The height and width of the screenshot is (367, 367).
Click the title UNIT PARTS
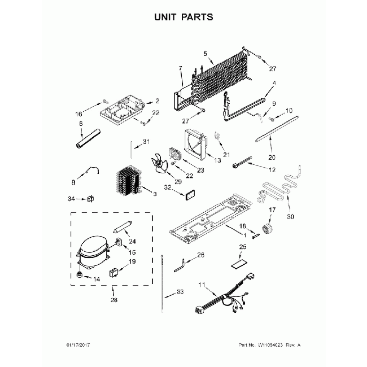pos(183,18)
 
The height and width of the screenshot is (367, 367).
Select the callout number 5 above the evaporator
pos(206,55)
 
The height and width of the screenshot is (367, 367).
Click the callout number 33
pos(180,291)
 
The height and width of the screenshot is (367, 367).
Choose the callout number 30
pos(291,216)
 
